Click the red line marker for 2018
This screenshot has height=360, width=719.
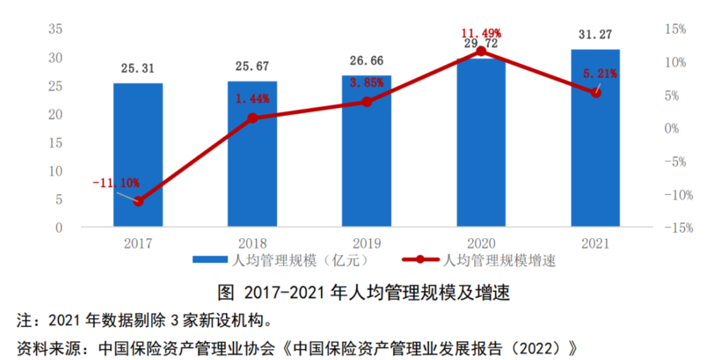tap(252, 118)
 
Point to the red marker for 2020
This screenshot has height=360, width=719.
tap(481, 51)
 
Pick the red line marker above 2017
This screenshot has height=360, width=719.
tap(138, 201)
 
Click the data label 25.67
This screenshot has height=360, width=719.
tap(252, 67)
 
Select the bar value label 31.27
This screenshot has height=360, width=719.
tap(596, 35)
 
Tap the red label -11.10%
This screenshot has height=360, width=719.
tap(116, 182)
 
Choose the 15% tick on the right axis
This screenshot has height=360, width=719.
tap(676, 29)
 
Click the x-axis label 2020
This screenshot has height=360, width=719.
tap(481, 243)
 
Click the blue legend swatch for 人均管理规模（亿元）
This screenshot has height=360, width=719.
tap(210, 260)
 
